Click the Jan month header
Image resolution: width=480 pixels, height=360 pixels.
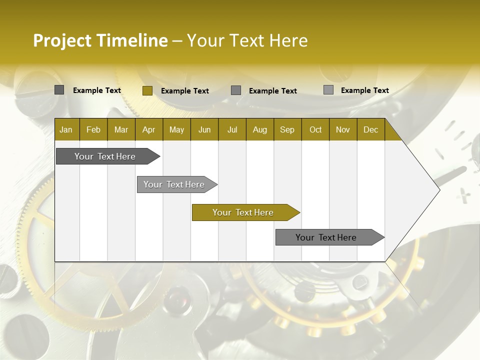click(66, 129)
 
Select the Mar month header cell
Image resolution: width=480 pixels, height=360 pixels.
click(121, 129)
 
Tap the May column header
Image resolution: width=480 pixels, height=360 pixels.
click(176, 129)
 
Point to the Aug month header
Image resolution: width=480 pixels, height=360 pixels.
click(259, 129)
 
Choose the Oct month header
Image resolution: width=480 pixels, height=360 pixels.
click(315, 129)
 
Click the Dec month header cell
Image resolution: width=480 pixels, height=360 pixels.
click(370, 129)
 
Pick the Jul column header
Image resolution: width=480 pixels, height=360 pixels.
click(232, 129)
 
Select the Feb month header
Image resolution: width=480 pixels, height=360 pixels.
click(93, 129)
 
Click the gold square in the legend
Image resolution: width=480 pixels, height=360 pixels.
click(147, 90)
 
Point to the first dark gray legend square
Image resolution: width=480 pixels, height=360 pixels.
click(59, 90)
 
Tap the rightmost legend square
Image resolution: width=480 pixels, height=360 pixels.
click(328, 90)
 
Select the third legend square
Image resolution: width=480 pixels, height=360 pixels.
click(236, 90)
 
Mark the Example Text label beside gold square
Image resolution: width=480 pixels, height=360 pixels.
click(184, 91)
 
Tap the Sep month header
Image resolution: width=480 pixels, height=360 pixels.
click(287, 129)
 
